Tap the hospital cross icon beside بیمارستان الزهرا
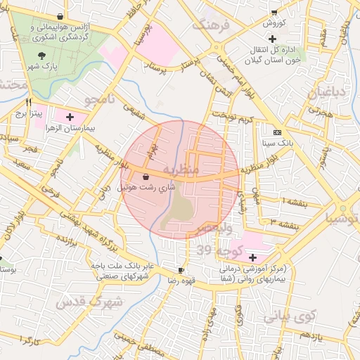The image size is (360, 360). click(x=69, y=117)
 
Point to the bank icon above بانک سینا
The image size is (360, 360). click(x=277, y=131)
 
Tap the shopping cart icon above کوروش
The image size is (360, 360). click(x=274, y=12)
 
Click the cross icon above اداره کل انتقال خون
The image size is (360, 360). click(x=281, y=37)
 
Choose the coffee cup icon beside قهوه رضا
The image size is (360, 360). click(x=181, y=270)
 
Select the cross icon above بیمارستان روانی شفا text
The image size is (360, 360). click(x=252, y=257)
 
